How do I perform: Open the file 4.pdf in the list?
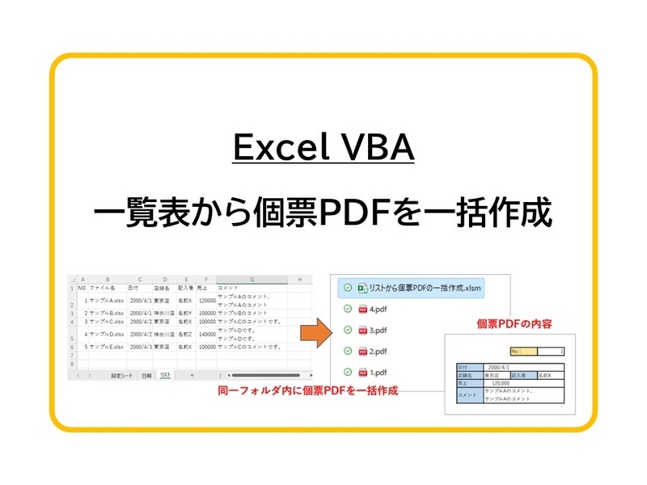[x=378, y=309]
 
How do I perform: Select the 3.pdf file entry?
[x=378, y=330]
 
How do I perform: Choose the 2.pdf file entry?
[x=378, y=351]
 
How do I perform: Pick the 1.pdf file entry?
[x=378, y=373]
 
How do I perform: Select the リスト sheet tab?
[x=165, y=375]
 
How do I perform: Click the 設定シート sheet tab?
[x=123, y=375]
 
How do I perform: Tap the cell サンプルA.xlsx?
[x=106, y=300]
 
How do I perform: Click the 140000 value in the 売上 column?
[x=206, y=334]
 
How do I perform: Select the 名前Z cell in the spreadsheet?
[x=185, y=334]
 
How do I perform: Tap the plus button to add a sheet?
[x=192, y=375]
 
